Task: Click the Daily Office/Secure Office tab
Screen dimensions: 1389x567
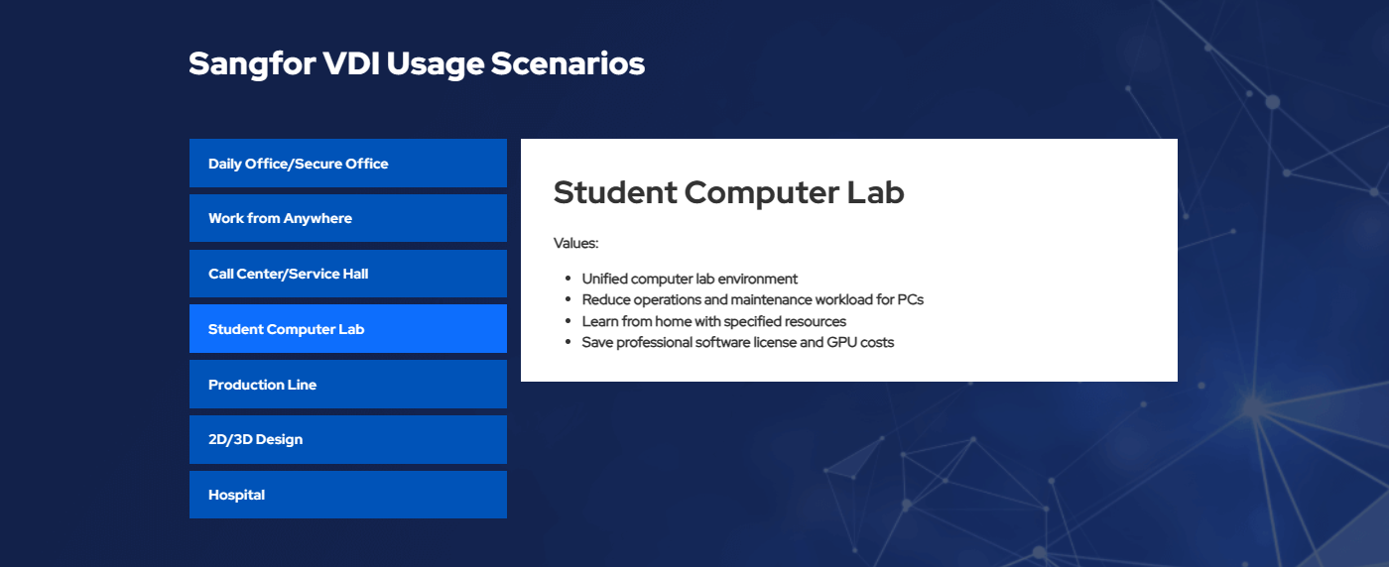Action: click(348, 163)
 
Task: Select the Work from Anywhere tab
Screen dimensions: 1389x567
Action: click(348, 218)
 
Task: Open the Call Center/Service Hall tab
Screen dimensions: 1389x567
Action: click(348, 274)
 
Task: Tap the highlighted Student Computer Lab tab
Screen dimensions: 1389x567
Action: click(348, 328)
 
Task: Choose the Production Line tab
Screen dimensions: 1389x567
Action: click(348, 385)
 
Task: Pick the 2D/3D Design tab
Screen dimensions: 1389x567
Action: click(348, 439)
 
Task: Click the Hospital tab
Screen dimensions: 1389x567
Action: click(348, 495)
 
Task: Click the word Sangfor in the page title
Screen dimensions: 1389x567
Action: click(252, 64)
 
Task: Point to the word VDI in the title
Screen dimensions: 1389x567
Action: click(351, 63)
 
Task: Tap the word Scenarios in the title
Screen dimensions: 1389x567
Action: click(568, 63)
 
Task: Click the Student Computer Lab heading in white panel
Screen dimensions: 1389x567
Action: click(728, 192)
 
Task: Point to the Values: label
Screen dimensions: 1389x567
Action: click(576, 243)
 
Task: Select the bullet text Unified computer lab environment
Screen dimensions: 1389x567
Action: click(690, 279)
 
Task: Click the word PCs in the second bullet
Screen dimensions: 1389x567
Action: click(911, 300)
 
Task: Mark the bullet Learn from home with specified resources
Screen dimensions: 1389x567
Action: click(713, 321)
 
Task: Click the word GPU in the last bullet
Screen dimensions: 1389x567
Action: click(841, 343)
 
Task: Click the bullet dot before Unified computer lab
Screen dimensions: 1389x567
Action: click(568, 279)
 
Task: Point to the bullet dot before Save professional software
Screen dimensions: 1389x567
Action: click(568, 342)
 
